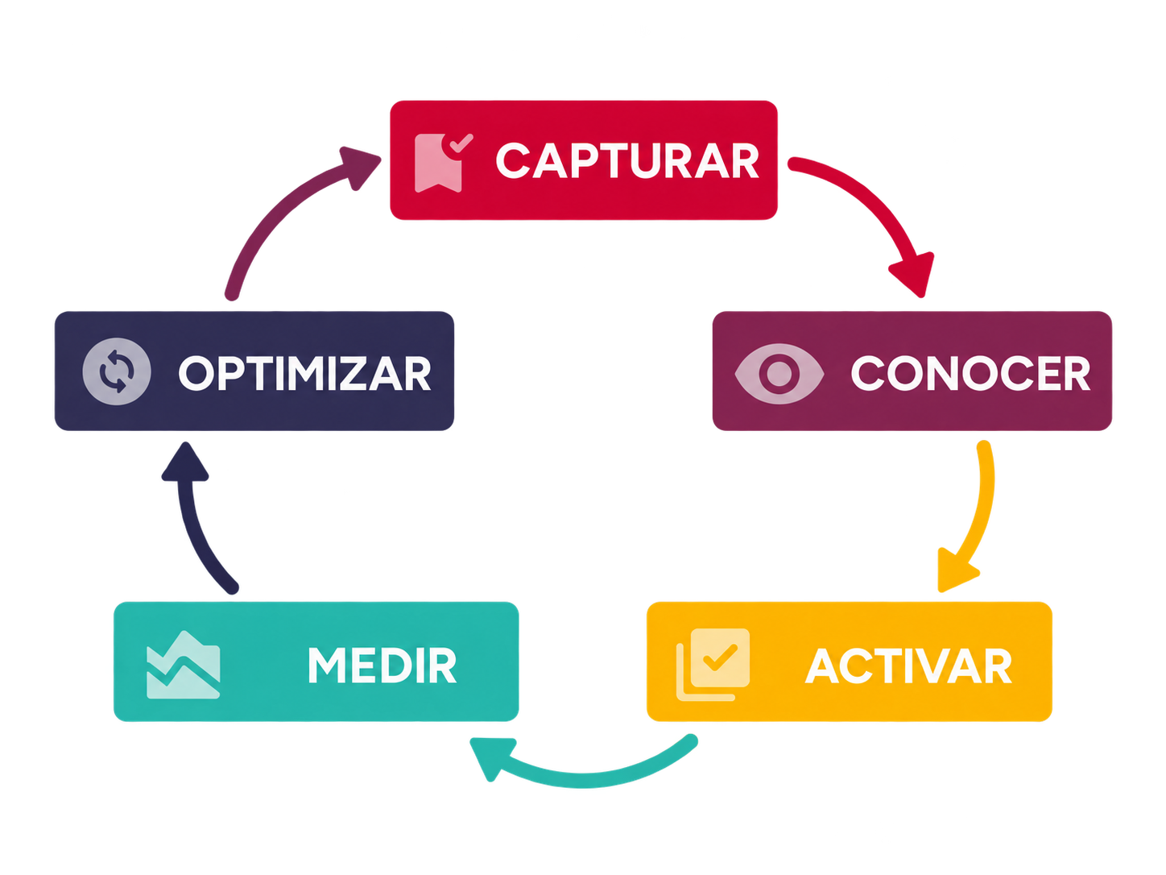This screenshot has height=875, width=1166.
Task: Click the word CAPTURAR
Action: point(627,160)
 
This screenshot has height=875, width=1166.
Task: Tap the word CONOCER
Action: point(970,373)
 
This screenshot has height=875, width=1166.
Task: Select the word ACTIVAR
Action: point(909,666)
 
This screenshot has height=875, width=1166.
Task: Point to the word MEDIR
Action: point(382,666)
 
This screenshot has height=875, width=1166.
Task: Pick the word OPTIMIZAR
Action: point(304,373)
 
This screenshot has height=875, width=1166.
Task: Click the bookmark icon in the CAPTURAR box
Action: point(442,163)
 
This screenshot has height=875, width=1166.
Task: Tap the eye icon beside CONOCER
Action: point(779,374)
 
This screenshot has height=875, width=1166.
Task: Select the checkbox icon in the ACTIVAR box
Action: point(713,664)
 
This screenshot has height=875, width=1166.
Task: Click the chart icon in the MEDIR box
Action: point(184,665)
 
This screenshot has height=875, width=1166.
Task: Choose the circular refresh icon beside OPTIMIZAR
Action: point(117,371)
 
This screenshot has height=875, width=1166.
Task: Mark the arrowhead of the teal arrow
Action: point(490,757)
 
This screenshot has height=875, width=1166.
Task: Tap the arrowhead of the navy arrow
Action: point(185,463)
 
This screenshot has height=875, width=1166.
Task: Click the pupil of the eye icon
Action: point(779,374)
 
